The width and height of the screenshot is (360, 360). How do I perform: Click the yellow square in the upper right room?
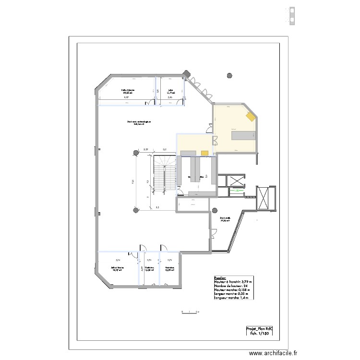(250, 117)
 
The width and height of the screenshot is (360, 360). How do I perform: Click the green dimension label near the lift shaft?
(236, 191)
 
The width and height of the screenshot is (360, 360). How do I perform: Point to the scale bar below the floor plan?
(190, 312)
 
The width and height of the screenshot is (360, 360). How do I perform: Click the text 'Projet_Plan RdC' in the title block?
(259, 329)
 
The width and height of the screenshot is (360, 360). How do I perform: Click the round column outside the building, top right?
(230, 75)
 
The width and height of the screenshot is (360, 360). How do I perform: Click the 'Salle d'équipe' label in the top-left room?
(128, 90)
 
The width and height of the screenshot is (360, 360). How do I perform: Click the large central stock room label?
(139, 123)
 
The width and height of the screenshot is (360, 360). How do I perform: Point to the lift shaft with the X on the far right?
(264, 197)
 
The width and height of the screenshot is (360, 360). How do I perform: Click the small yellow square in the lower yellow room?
(204, 153)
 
